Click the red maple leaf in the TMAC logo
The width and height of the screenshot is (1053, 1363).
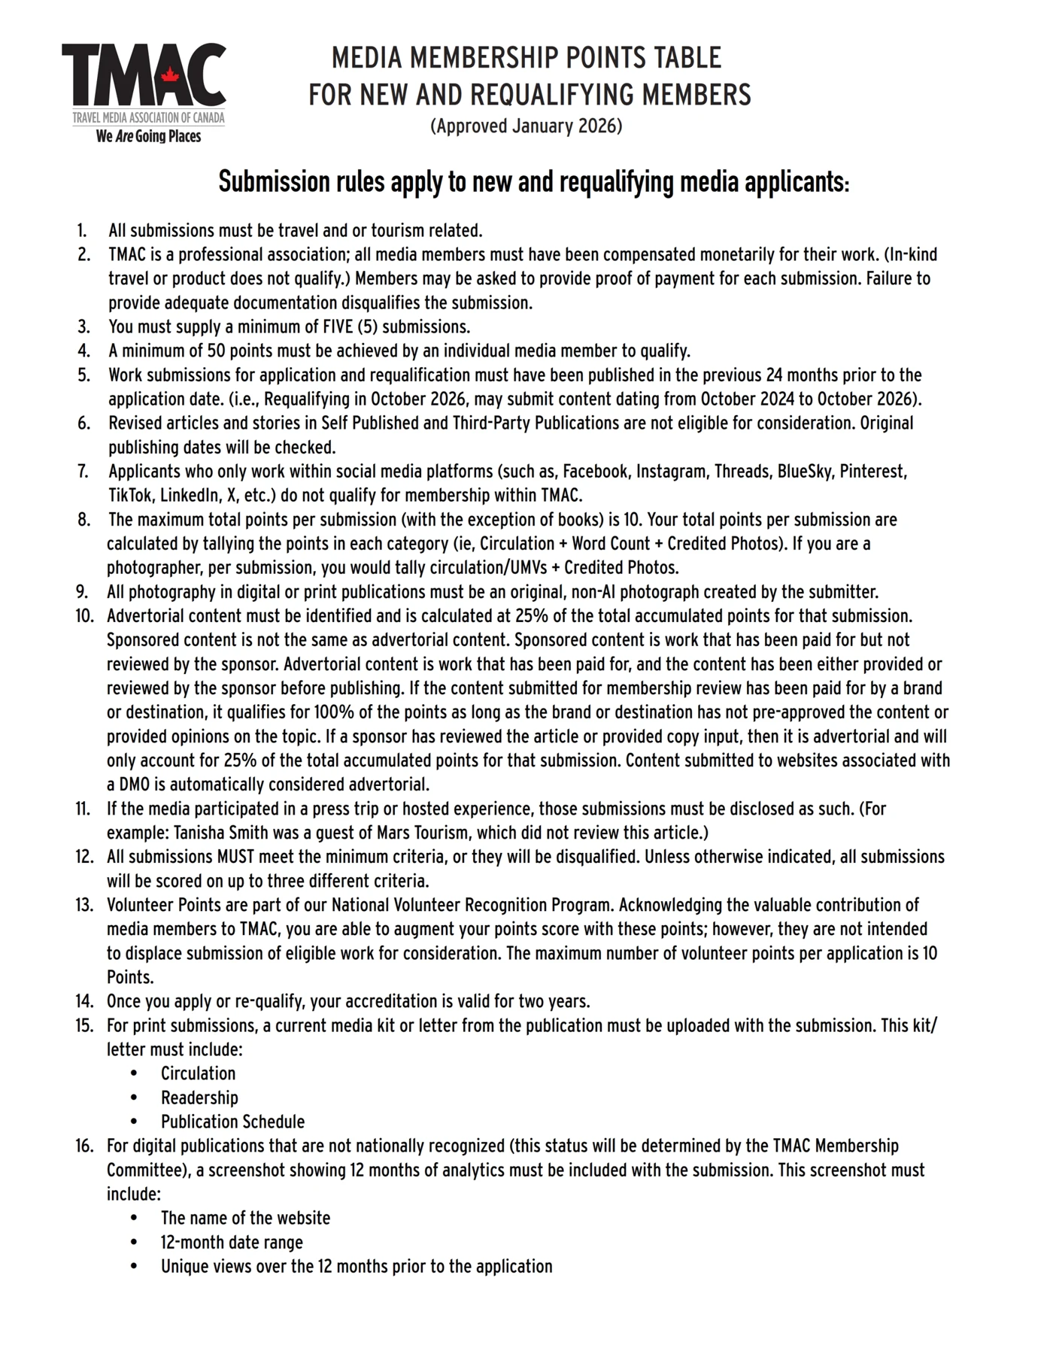[x=170, y=75]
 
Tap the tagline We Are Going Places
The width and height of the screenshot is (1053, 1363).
[x=148, y=136]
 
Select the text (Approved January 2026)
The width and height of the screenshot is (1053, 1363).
[x=526, y=126]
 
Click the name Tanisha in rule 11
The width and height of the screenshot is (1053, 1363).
[x=202, y=833]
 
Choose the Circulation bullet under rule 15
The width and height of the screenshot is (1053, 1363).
[x=198, y=1073]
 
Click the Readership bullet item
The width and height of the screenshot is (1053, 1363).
[x=199, y=1097]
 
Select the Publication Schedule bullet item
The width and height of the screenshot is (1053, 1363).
[x=232, y=1122]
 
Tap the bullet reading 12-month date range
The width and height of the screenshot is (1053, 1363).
[x=232, y=1242]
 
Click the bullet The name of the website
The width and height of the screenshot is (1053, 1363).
[x=245, y=1218]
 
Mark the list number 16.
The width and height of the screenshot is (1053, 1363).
[x=83, y=1146]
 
